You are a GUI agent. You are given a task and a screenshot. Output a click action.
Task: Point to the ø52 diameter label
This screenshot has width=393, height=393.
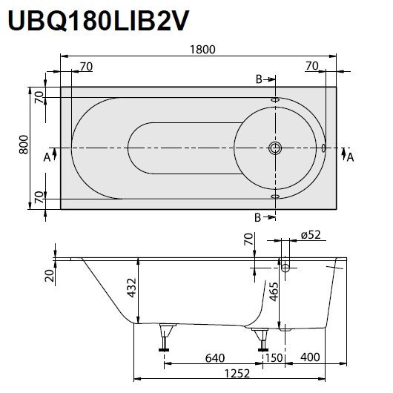coord(311,235)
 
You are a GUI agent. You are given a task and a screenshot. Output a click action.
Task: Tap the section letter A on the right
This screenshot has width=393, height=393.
coord(351,157)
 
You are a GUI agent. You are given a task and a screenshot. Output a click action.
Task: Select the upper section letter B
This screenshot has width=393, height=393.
coord(259,79)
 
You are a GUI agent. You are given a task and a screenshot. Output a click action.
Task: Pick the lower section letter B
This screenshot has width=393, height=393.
coord(258,217)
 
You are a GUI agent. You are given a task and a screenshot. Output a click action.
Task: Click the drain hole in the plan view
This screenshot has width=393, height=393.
coord(275,148)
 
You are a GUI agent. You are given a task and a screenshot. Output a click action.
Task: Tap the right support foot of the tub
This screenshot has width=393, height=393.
coord(261,338)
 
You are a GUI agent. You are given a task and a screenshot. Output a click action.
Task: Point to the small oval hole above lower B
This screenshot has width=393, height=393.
coord(275,196)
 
